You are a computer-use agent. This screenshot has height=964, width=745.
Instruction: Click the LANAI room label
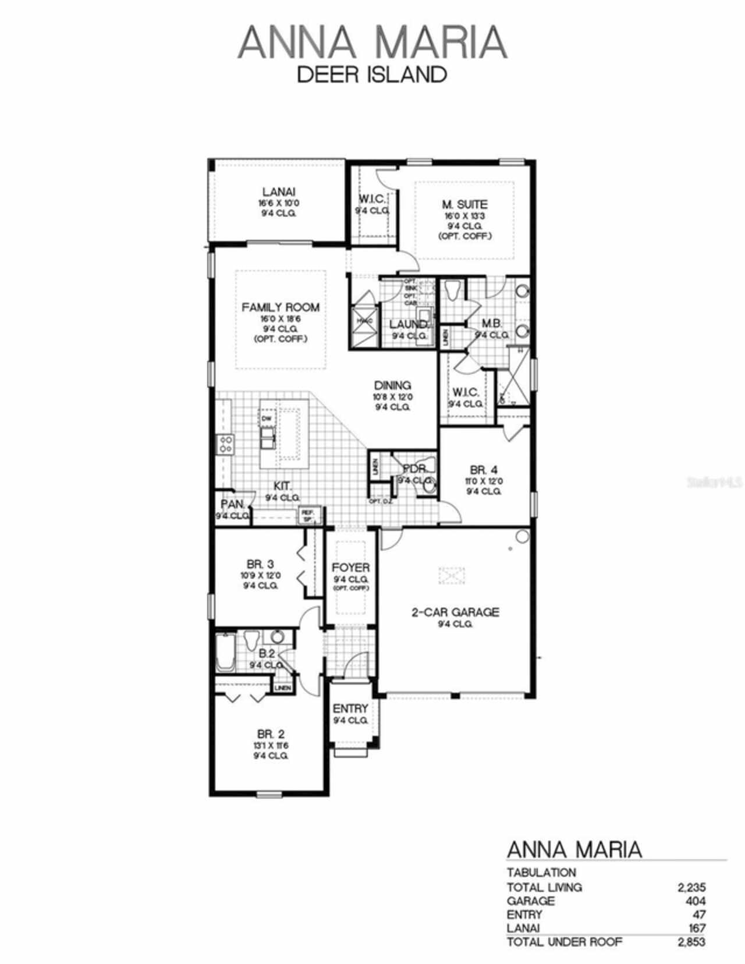[278, 192]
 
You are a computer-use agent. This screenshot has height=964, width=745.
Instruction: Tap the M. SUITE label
[464, 204]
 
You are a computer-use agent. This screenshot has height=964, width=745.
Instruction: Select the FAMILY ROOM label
[281, 307]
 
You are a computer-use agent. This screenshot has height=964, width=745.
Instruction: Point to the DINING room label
[392, 385]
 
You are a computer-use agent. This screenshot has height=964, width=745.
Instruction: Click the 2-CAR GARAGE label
[455, 612]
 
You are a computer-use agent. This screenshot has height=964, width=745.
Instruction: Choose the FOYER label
[350, 568]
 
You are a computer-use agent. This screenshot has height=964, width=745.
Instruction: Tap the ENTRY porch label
[350, 708]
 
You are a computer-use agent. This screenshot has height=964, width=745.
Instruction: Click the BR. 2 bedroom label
[271, 734]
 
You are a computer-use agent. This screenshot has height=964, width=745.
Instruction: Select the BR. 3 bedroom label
[260, 563]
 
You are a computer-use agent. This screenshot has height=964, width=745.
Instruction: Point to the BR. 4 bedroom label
[484, 469]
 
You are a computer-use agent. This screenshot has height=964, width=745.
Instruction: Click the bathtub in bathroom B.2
[224, 652]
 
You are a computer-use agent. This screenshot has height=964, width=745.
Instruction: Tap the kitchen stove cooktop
[225, 445]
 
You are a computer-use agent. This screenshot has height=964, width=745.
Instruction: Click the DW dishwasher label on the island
[267, 419]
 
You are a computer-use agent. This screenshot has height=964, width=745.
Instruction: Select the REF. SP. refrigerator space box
[307, 515]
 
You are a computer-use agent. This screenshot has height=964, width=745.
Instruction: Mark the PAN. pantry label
[232, 504]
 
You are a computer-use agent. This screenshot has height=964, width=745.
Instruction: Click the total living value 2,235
[691, 887]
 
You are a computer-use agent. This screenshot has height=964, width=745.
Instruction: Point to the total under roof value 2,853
[691, 941]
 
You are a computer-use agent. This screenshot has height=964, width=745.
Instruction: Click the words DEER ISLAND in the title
[372, 75]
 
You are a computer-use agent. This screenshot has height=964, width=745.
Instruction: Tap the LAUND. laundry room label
[409, 324]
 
